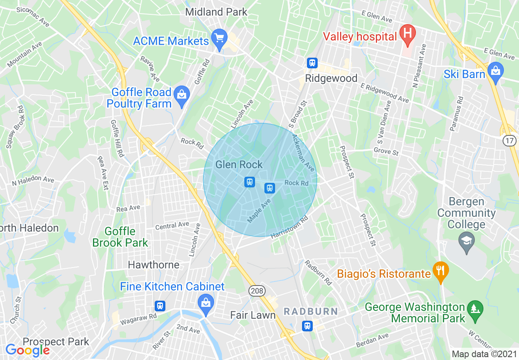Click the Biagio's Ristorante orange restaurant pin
click(x=440, y=271)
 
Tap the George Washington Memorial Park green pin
click(x=474, y=309)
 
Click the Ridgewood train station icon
click(x=312, y=63)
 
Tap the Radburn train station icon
click(x=307, y=326)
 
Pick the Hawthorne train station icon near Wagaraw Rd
click(x=160, y=305)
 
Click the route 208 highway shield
click(x=257, y=291)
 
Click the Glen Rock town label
click(x=239, y=164)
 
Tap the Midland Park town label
click(x=216, y=12)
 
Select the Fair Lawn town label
click(x=253, y=315)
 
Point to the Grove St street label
click(x=386, y=152)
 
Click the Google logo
click(x=27, y=350)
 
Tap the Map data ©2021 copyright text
click(x=484, y=354)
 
